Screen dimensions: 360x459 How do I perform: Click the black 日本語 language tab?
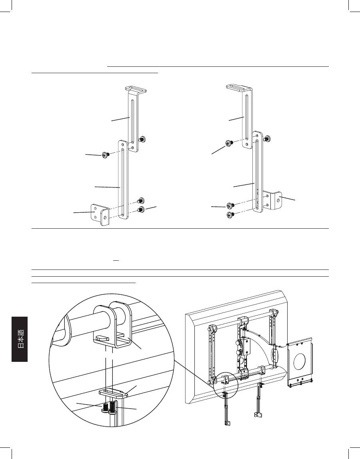point(20,339)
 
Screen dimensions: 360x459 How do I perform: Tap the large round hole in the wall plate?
point(300,362)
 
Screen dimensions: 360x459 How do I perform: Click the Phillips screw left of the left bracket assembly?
point(106,155)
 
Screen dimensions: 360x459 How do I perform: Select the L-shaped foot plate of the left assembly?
point(100,215)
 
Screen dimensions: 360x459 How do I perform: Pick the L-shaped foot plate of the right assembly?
point(272,201)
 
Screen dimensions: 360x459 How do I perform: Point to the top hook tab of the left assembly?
point(136,88)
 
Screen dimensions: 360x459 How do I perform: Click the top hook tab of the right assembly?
point(239,88)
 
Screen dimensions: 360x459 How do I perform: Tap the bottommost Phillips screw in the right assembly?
point(230,215)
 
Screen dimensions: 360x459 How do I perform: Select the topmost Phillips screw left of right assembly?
point(229,143)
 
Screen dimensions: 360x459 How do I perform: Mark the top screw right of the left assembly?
point(143,139)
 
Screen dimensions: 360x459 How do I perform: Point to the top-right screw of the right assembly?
point(267,138)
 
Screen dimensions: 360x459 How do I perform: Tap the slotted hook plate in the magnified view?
point(114,393)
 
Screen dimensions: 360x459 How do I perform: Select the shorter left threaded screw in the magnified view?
point(105,408)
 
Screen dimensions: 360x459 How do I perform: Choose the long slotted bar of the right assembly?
point(257,172)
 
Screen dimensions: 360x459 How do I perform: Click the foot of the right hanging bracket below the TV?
point(257,415)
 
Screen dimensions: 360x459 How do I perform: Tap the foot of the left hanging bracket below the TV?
point(227,423)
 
